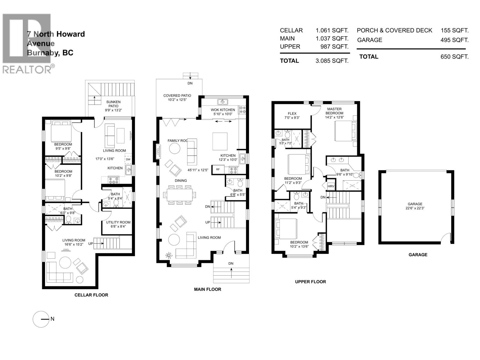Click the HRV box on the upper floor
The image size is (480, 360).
coord(331,186)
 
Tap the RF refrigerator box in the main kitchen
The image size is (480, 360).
coord(217,169)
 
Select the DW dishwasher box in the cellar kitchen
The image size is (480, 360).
coord(128,159)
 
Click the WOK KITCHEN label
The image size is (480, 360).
coord(223,110)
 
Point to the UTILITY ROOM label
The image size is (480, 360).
coord(118,222)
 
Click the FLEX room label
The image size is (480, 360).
coord(292,113)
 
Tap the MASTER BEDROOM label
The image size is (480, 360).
coord(334,111)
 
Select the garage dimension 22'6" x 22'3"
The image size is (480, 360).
coord(415,208)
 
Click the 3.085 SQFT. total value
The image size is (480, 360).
coord(332,61)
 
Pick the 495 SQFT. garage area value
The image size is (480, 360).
coord(454,40)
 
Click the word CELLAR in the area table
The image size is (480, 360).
coord(291,30)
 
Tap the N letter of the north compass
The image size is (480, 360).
coord(52,319)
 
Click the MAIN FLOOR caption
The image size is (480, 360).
coord(208,289)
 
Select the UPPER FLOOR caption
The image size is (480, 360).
coord(310,282)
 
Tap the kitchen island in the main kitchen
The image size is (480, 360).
coord(220,141)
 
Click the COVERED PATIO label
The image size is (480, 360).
coord(177,96)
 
